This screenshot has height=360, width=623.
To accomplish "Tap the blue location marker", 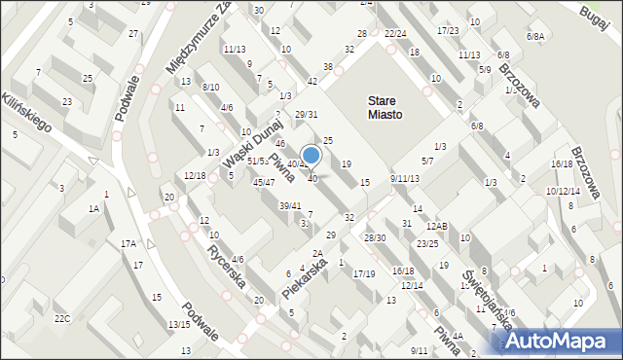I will [311, 155].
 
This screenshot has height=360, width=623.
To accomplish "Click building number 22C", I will [62, 318].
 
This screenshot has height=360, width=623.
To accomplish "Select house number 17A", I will [128, 243].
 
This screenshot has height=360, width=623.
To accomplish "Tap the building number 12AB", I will [436, 227].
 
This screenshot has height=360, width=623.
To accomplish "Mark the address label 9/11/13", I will [404, 179].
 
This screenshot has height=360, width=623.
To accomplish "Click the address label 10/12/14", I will [563, 191].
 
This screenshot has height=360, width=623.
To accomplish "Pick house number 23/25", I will [427, 243].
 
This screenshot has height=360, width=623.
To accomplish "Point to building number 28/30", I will [375, 237].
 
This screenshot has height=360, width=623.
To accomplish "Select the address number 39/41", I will [290, 205].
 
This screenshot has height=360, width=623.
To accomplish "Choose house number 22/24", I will [394, 33].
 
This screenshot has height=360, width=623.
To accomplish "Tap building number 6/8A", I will [535, 36].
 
